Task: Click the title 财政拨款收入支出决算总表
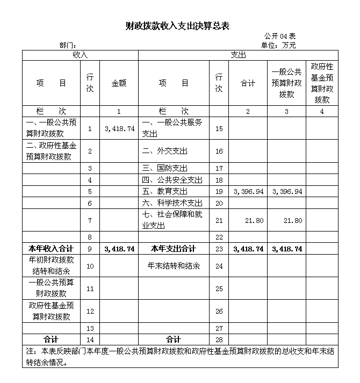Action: [177, 26]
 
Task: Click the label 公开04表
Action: [279, 36]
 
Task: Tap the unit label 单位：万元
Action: [278, 45]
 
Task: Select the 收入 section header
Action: [80, 55]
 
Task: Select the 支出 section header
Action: [238, 55]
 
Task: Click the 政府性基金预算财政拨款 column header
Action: [322, 83]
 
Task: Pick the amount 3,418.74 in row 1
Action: [119, 129]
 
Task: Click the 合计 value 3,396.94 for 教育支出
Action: [248, 191]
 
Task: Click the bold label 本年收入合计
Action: [51, 249]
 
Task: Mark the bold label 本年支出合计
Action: [173, 249]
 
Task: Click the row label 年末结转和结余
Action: [174, 266]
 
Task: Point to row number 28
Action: [219, 339]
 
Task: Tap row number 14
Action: [90, 339]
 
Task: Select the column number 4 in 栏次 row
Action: [322, 111]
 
